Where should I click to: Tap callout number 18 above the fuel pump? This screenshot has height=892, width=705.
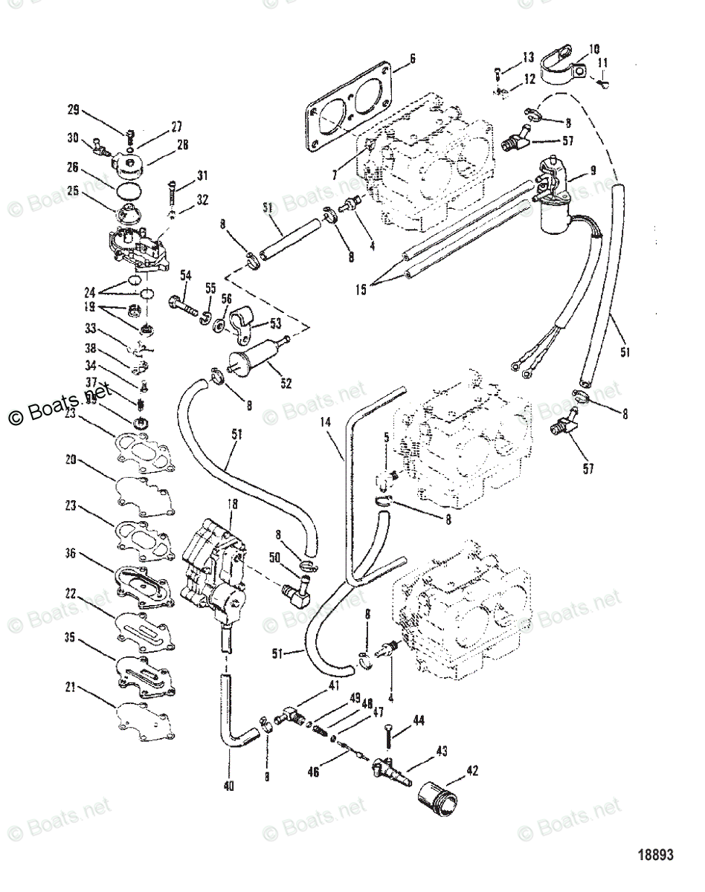point(232,505)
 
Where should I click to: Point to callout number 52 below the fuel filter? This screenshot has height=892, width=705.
point(286,384)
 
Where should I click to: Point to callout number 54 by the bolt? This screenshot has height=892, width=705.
point(185,275)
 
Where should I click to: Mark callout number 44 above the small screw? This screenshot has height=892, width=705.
point(419,720)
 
